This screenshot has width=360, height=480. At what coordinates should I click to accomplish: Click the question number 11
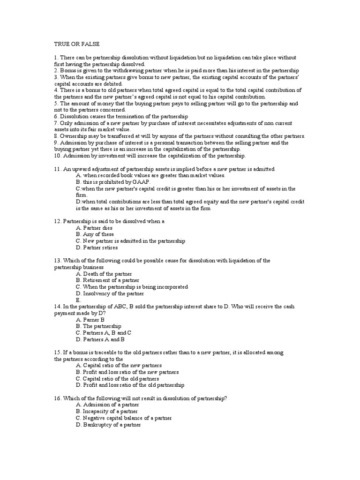click(x=58, y=169)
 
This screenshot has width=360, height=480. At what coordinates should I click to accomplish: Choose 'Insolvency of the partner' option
click(x=113, y=293)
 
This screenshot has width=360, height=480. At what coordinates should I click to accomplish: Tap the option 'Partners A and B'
click(x=104, y=339)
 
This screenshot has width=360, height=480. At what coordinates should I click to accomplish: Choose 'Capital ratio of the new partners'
click(x=122, y=365)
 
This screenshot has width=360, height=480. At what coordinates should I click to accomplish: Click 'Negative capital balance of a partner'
click(x=127, y=418)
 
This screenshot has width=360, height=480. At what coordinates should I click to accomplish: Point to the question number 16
click(x=58, y=398)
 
